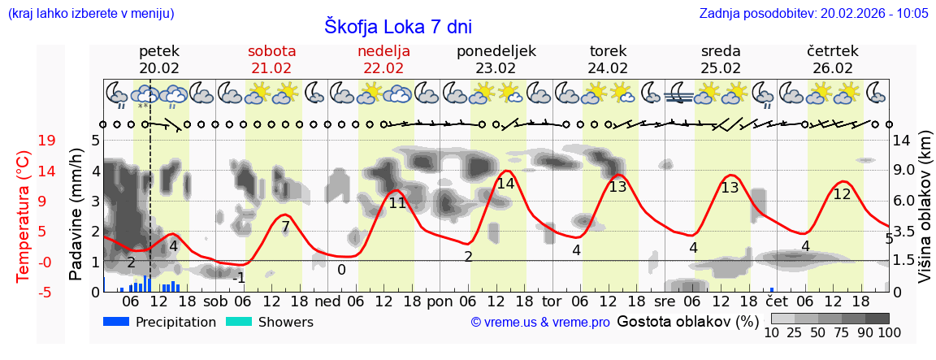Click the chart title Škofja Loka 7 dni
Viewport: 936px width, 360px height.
397,26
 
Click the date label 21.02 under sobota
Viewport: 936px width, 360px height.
271,68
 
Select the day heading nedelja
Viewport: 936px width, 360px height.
383,51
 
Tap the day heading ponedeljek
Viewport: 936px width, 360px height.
496,51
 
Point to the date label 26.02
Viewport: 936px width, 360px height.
833,68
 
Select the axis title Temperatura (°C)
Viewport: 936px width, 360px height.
24,217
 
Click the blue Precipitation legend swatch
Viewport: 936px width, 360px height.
117,322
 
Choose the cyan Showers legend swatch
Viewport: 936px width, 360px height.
239,322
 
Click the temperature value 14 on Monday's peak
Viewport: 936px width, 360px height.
505,184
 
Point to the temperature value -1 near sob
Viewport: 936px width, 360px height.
239,278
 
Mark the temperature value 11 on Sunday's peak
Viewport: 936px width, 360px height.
396,203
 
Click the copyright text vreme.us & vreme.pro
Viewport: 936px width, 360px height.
539,323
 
